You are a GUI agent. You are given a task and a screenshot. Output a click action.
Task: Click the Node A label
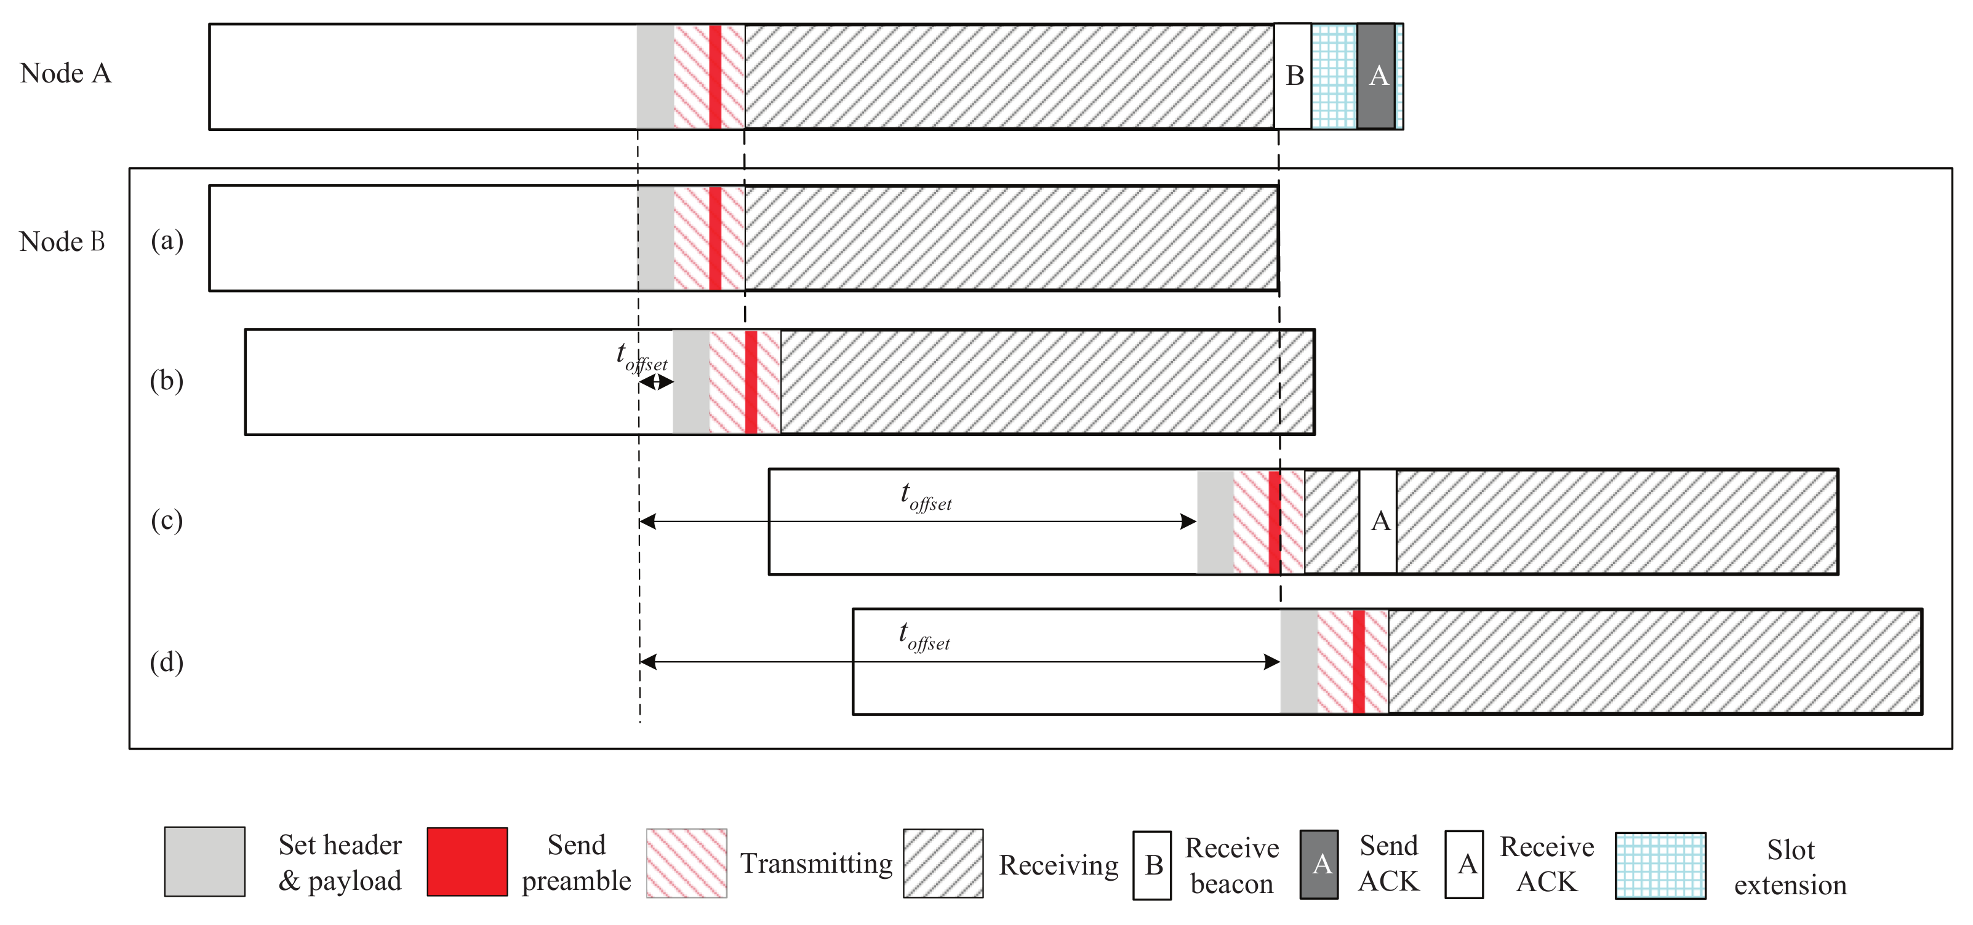[x=66, y=74]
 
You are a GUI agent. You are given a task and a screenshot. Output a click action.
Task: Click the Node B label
[x=62, y=241]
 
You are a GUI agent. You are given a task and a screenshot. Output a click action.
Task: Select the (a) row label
[x=167, y=240]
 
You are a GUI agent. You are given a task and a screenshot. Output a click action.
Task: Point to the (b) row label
[x=167, y=381]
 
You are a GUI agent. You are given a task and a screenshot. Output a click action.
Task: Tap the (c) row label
[x=167, y=521]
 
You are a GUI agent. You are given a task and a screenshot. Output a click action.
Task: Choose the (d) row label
[x=167, y=662]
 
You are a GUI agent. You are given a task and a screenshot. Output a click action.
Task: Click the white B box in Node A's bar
[x=1294, y=76]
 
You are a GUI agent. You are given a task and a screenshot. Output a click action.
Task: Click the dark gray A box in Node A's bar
[x=1376, y=76]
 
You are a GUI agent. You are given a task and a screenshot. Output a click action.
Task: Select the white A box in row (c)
[x=1379, y=522]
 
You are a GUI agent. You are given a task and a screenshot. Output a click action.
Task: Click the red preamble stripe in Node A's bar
[x=714, y=77]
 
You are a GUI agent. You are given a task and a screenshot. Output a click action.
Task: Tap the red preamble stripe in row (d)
[x=1358, y=662]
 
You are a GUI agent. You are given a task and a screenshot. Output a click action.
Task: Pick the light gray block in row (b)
[x=691, y=382]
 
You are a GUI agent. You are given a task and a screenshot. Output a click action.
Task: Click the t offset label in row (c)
[x=926, y=497]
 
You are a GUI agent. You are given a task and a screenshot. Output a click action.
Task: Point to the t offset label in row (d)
[x=924, y=637]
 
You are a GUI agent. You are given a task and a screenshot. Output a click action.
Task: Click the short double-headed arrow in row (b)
[x=657, y=382]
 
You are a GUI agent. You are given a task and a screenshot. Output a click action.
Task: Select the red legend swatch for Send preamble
[x=467, y=862]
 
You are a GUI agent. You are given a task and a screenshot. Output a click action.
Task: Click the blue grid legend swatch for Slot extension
[x=1660, y=865]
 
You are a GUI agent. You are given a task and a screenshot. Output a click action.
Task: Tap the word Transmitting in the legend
[x=817, y=863]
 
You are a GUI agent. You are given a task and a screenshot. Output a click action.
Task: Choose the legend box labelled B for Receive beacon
[x=1153, y=865]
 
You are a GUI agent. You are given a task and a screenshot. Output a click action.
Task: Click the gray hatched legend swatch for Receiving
[x=943, y=863]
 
